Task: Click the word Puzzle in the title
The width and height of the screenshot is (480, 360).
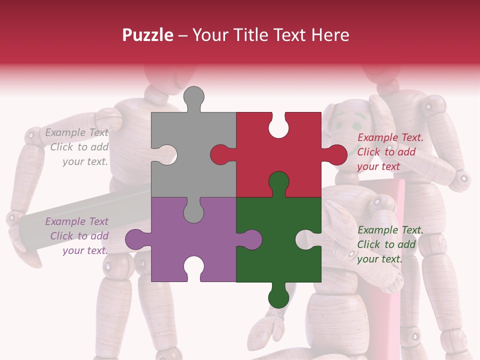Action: click(x=148, y=35)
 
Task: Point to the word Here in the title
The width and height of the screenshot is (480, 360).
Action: click(x=330, y=35)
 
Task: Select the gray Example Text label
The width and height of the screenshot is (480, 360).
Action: click(x=76, y=132)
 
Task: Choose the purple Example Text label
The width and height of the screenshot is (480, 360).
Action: click(x=76, y=221)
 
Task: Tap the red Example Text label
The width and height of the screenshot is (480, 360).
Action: click(x=390, y=137)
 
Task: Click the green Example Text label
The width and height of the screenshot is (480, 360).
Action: click(x=390, y=230)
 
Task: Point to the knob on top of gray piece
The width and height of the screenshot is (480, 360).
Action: click(x=194, y=97)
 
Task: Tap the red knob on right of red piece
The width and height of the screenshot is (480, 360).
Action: click(x=336, y=154)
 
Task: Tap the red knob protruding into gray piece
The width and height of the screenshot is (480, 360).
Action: click(x=221, y=154)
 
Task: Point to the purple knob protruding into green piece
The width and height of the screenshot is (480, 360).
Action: click(x=250, y=239)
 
